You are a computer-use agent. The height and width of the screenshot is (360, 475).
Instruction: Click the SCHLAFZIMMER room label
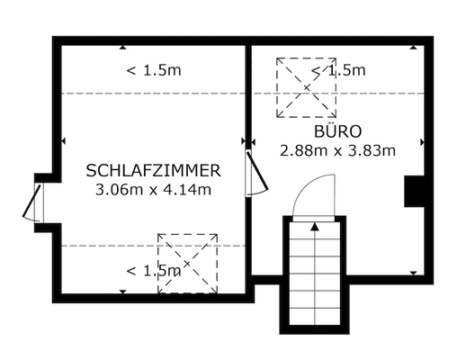coord(153,170)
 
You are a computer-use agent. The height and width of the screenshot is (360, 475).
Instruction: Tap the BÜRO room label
coord(337,131)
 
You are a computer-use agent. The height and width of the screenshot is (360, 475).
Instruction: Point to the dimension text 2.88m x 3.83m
coord(337,150)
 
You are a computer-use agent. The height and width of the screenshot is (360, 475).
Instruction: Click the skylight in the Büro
coord(306,87)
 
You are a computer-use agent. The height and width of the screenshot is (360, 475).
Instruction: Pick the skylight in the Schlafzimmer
coord(188,263)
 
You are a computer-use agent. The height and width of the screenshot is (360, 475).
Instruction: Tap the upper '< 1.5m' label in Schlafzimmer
coord(153,71)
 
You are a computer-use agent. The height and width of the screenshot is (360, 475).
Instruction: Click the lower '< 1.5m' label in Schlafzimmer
coord(153,270)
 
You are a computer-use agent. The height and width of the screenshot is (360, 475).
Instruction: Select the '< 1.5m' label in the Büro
coord(338,70)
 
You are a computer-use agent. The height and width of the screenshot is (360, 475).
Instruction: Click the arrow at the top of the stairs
coord(315,227)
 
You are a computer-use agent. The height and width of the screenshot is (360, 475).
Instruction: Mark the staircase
coord(315,274)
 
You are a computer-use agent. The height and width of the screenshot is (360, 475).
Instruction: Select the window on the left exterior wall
coord(35,200)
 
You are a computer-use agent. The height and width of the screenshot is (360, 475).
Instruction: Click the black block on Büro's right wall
coord(415,191)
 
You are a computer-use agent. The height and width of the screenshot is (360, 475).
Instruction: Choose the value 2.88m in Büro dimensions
coord(300,150)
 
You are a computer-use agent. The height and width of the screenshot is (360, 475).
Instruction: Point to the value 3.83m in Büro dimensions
coord(375,150)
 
